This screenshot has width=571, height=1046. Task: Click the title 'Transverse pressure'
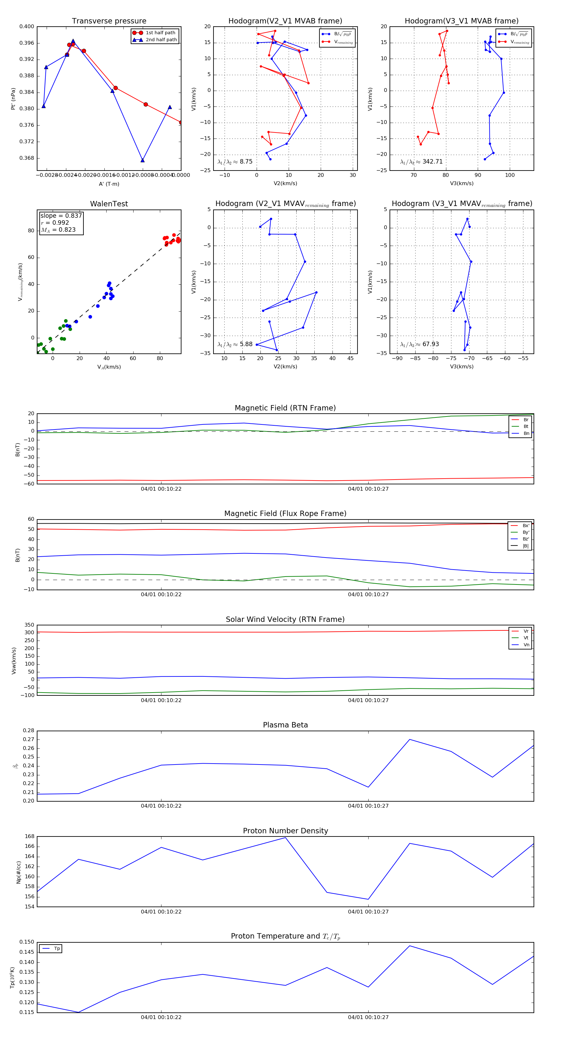tap(109, 21)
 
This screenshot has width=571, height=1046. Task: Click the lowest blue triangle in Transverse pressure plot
tap(142, 160)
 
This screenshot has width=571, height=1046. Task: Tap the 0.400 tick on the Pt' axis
tap(27, 27)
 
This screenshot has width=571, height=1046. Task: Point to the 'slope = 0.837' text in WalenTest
tap(61, 216)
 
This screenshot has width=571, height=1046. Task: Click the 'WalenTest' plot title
tap(109, 204)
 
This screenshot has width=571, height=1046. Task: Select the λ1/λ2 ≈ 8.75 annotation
tap(235, 162)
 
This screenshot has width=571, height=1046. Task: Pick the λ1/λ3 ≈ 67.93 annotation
tap(419, 344)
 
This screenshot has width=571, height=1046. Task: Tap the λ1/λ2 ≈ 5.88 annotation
tap(235, 344)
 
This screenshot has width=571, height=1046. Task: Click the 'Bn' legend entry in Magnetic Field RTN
tap(526, 433)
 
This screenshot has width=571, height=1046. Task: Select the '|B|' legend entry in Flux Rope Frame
tap(526, 546)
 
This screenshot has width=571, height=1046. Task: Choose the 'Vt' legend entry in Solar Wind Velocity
tap(526, 638)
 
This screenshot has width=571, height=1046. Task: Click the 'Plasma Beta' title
tap(285, 725)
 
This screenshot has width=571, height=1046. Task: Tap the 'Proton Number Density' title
tap(285, 831)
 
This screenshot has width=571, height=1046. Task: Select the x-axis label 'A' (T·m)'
tap(109, 184)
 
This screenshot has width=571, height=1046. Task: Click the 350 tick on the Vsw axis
tap(29, 625)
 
